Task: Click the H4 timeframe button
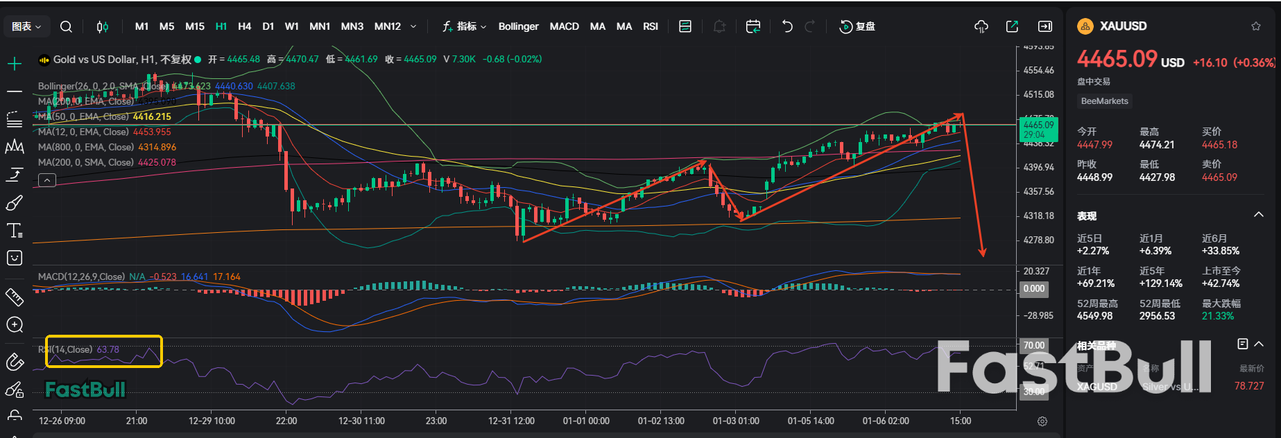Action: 244,26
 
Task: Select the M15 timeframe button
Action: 195,26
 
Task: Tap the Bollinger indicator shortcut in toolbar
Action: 518,26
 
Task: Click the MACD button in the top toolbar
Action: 564,26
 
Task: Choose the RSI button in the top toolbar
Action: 650,26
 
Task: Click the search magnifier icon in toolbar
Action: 66,26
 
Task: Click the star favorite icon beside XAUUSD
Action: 1255,26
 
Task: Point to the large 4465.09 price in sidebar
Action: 1117,60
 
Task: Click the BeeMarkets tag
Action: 1104,101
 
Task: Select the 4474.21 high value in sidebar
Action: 1157,145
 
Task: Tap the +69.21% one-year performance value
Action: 1096,283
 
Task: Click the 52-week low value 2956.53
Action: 1157,316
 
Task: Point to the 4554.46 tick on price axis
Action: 1038,71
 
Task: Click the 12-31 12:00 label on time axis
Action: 511,421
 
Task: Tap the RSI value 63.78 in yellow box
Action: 108,349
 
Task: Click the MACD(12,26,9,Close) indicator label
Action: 81,277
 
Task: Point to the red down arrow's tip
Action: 982,256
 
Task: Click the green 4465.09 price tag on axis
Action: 1038,125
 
